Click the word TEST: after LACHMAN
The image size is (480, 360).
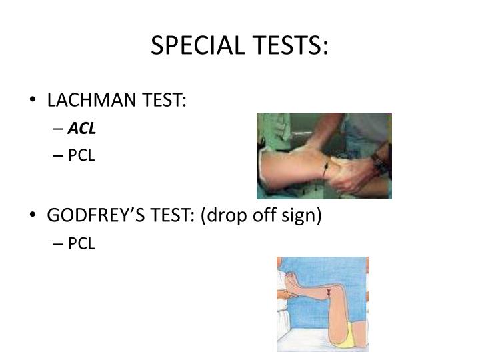pos(162,100)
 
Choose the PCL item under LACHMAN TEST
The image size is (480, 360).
pos(82,155)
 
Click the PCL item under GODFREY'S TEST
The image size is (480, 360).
pos(82,244)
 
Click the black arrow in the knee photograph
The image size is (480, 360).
pos(324,169)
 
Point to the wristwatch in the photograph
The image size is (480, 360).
pos(379,160)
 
